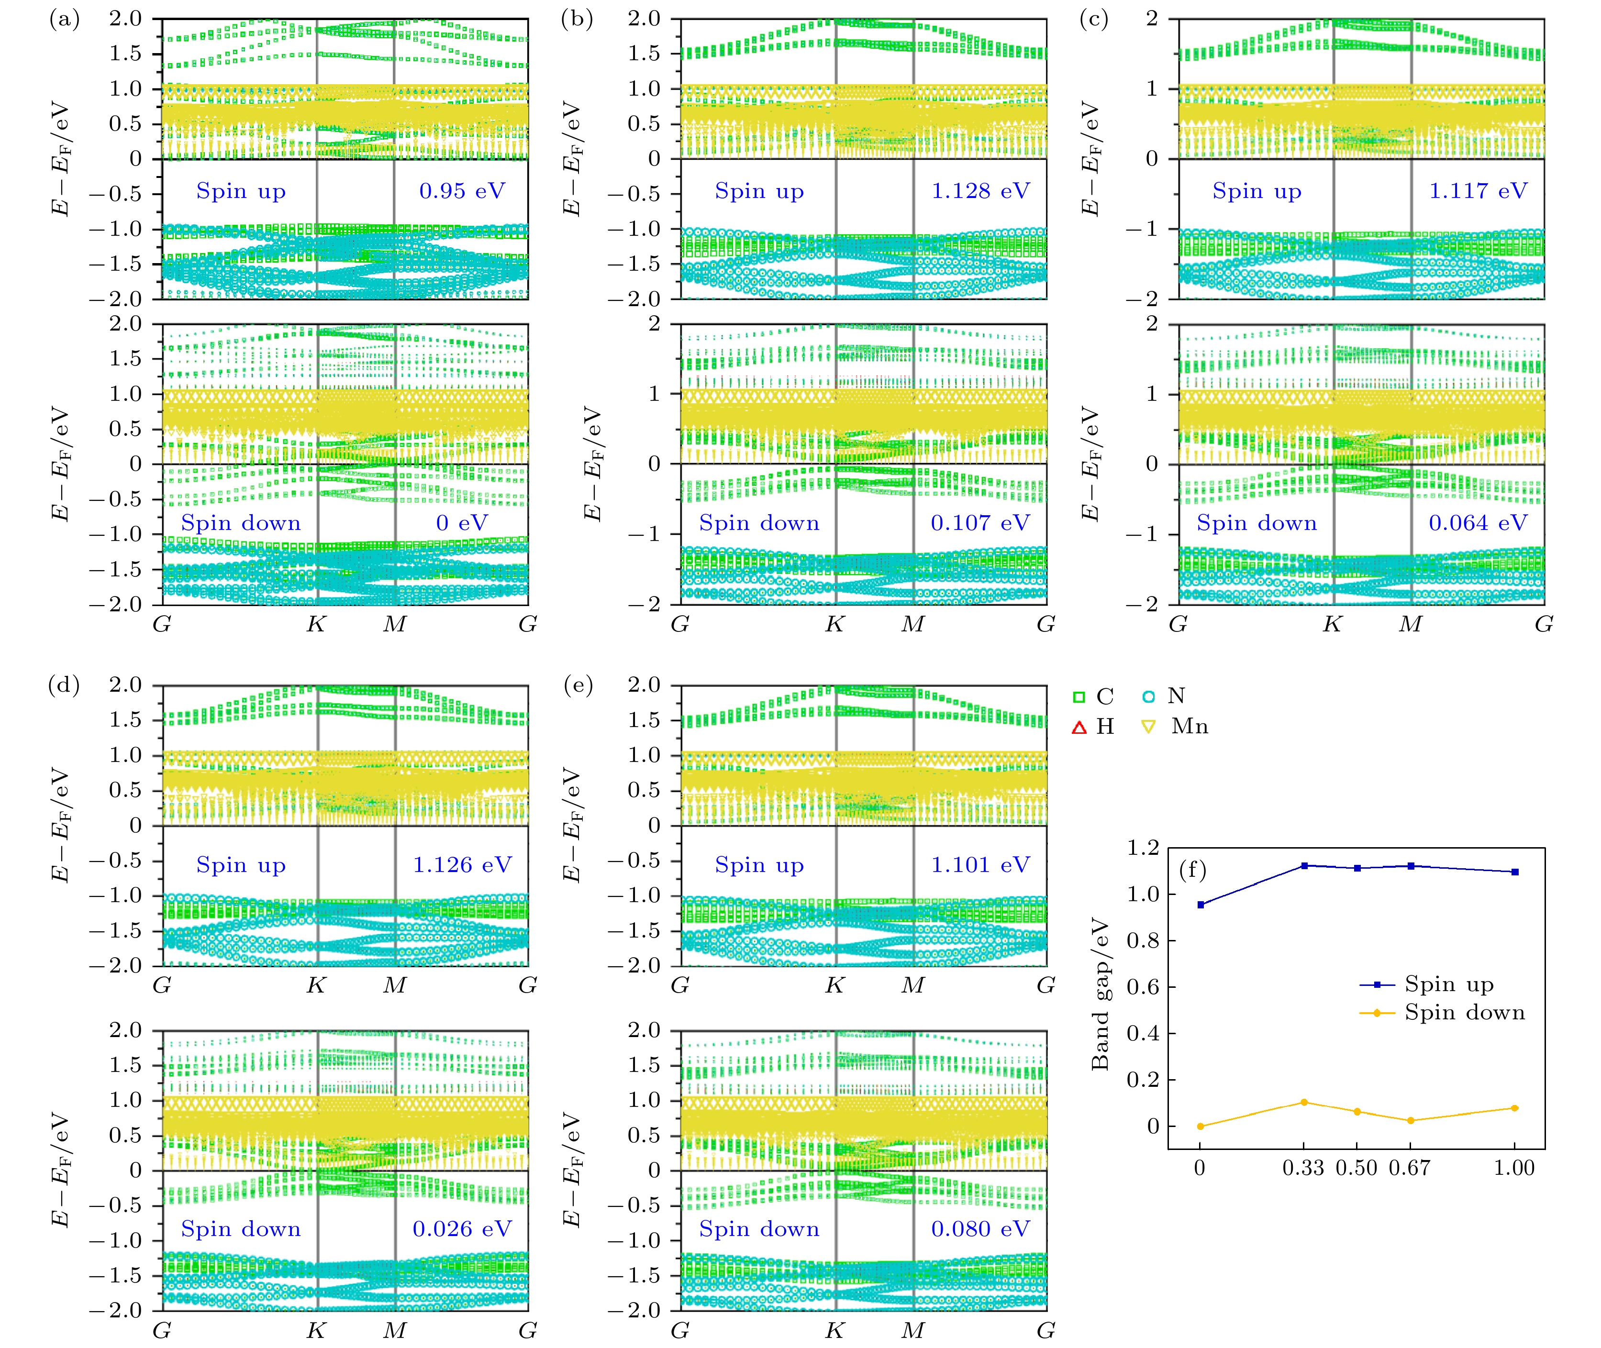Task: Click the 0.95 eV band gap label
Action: pos(462,191)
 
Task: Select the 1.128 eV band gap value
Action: pos(980,191)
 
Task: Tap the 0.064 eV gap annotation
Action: pos(1478,523)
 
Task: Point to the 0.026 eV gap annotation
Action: pos(462,1229)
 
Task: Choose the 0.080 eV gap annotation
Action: pos(980,1229)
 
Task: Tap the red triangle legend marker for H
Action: pos(1079,727)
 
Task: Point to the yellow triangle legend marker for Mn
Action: pos(1148,727)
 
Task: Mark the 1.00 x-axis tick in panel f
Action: pos(1514,1168)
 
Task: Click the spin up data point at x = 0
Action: pos(1201,905)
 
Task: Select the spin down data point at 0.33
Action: pos(1304,1102)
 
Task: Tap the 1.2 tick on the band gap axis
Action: pos(1143,848)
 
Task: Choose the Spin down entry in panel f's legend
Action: pos(1464,1013)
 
